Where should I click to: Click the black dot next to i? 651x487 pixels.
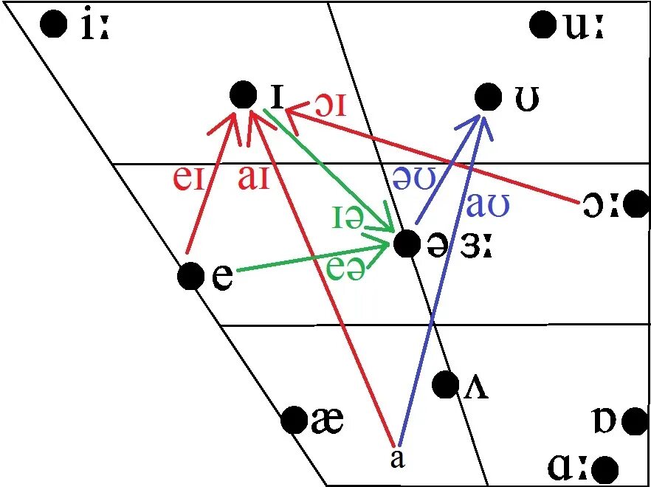(52, 25)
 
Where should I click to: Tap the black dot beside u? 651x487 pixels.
(542, 25)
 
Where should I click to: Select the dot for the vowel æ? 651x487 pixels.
(294, 421)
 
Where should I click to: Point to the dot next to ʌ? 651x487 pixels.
(445, 384)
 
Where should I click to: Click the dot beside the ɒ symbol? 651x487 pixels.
(633, 421)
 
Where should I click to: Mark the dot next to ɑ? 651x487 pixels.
(605, 469)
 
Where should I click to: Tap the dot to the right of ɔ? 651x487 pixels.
(635, 205)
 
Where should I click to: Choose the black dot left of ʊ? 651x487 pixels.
(487, 96)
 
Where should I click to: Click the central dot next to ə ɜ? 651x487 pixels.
(407, 243)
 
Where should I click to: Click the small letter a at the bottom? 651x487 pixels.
(397, 459)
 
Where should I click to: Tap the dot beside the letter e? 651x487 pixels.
(190, 276)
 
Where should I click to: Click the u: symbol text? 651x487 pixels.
(584, 27)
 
